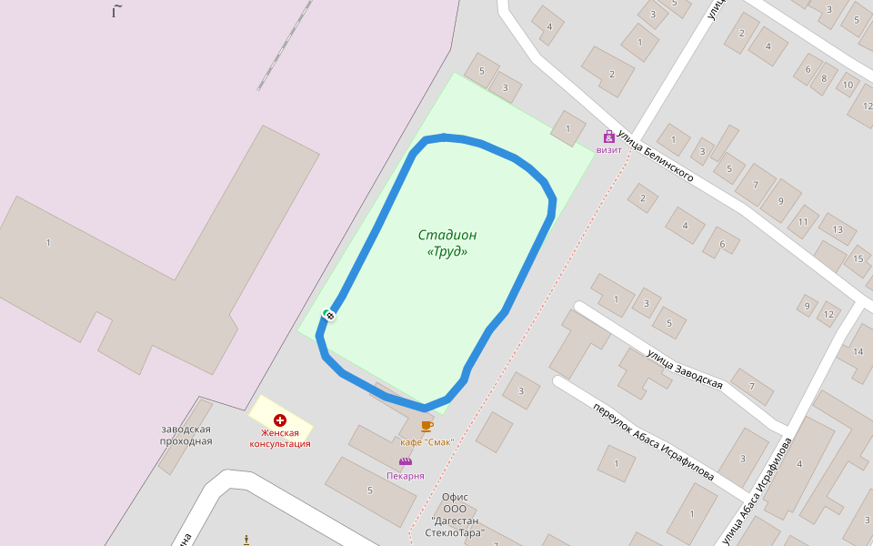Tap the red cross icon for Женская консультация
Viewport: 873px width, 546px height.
coord(280,420)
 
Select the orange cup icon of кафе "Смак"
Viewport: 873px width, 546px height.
coord(427,426)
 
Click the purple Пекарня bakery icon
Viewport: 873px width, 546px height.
coord(406,462)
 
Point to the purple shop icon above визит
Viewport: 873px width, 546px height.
coord(608,136)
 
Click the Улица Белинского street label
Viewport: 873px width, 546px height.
coord(656,155)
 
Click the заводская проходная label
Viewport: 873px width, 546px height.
coord(186,435)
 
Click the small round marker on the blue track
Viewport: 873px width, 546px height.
coord(330,315)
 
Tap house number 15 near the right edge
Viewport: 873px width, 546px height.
coord(858,259)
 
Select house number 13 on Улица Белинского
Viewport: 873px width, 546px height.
coord(838,229)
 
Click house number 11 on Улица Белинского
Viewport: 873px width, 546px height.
coord(803,221)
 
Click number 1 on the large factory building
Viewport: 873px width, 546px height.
coord(48,242)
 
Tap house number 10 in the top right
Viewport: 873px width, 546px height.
coord(848,86)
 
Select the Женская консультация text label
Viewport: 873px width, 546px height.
coord(280,439)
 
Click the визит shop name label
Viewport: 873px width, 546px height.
coord(608,150)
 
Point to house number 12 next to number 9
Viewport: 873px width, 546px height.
coord(828,315)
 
